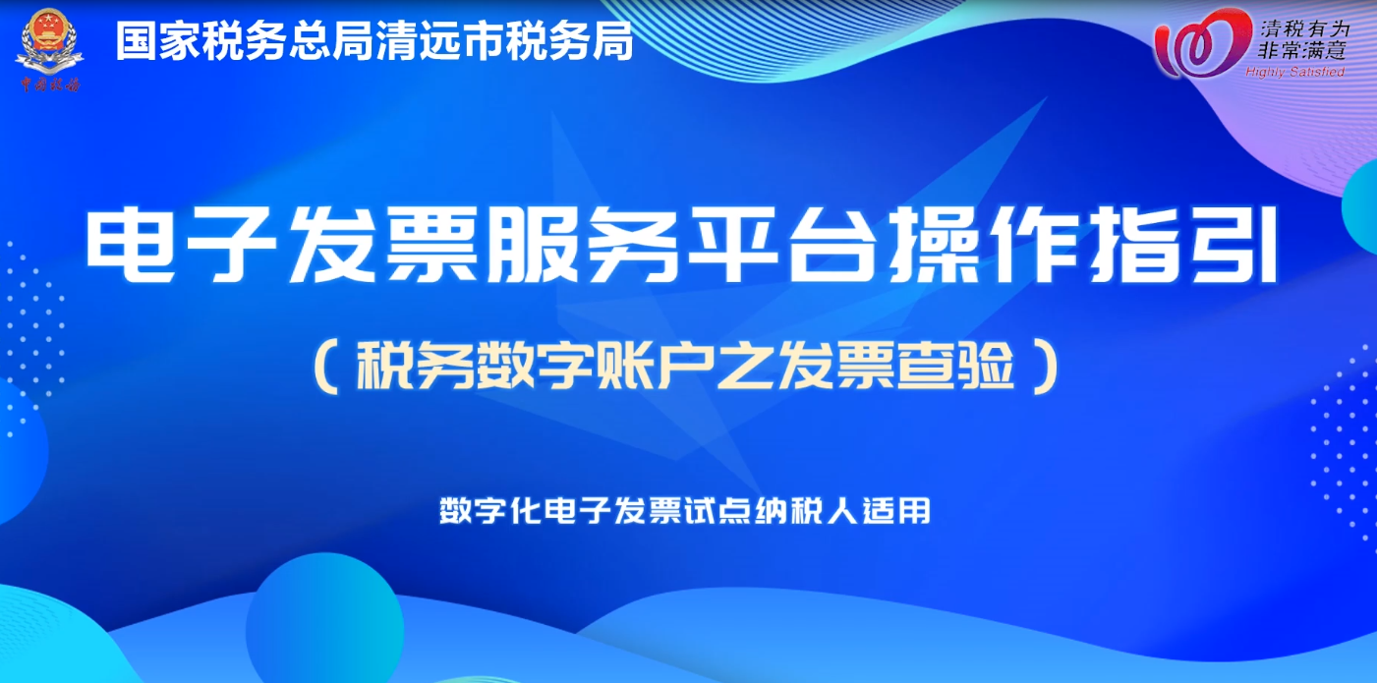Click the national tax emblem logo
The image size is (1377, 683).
pyautogui.click(x=49, y=41)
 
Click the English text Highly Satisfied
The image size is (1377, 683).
pyautogui.click(x=1294, y=72)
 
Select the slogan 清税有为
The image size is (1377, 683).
pyautogui.click(x=1304, y=28)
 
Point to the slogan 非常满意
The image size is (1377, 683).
pyautogui.click(x=1302, y=50)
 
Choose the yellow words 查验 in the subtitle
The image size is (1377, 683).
pyautogui.click(x=956, y=366)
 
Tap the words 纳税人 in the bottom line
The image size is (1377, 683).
pyautogui.click(x=807, y=510)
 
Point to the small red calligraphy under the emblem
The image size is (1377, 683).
pyautogui.click(x=50, y=85)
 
